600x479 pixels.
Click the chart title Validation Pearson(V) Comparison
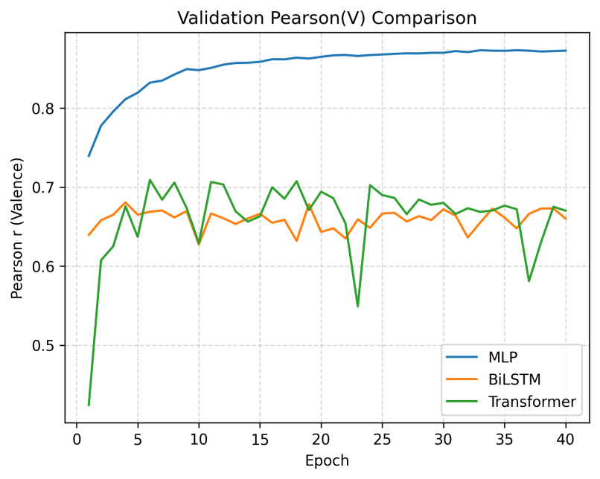pos(327,17)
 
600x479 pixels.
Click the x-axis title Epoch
pos(327,460)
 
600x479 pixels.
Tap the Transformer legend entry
pos(532,402)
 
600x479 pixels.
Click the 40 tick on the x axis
pos(566,440)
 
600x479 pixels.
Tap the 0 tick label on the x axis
pos(76,440)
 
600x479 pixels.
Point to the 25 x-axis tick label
pos(382,440)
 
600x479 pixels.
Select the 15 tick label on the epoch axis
pos(260,440)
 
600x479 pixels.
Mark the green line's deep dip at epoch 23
pos(357,306)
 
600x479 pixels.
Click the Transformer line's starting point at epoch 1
pos(89,405)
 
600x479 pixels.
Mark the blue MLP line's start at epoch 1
pos(89,156)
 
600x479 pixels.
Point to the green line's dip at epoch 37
pos(529,280)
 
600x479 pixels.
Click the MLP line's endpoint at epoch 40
pos(566,51)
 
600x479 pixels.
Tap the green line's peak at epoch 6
pos(150,180)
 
